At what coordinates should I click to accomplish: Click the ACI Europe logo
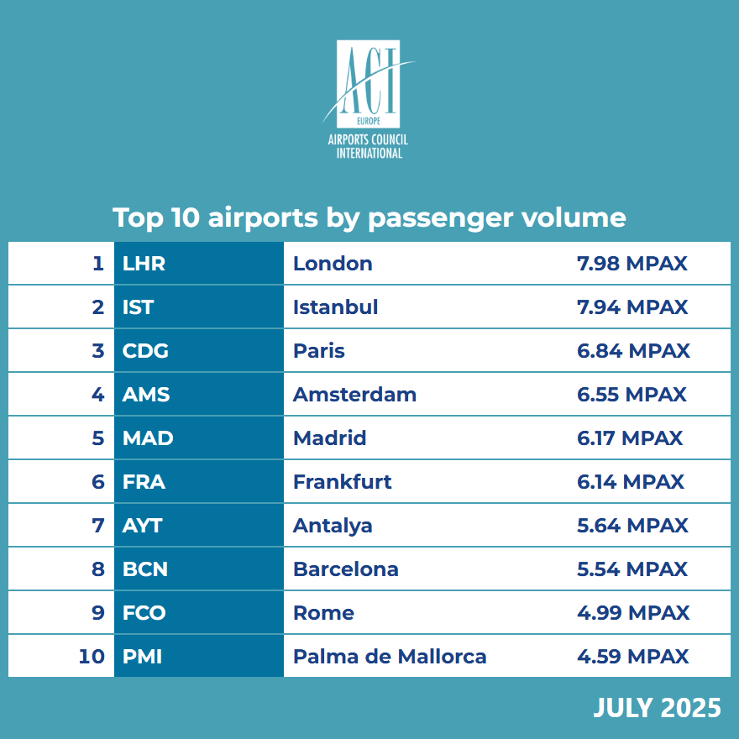click(x=369, y=99)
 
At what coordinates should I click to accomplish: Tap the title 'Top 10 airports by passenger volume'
click(x=369, y=218)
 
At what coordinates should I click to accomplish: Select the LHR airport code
click(x=144, y=264)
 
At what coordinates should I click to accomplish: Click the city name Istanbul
click(x=335, y=307)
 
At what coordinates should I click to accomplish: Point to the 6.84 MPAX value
click(x=633, y=351)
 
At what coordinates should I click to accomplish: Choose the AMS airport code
click(x=146, y=395)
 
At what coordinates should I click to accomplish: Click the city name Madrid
click(x=329, y=438)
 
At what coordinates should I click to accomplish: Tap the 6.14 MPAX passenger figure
click(x=631, y=482)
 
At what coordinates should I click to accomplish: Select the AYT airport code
click(x=142, y=526)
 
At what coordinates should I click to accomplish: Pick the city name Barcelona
click(x=345, y=569)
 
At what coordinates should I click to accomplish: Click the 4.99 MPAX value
click(x=633, y=613)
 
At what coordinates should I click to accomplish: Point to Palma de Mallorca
click(x=390, y=657)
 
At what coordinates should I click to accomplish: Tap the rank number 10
click(x=91, y=657)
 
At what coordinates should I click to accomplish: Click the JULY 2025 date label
click(x=657, y=707)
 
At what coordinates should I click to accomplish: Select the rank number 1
click(x=98, y=264)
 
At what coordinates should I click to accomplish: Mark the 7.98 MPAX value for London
click(x=632, y=264)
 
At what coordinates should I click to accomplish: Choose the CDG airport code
click(x=145, y=351)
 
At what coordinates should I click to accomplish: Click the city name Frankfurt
click(x=342, y=482)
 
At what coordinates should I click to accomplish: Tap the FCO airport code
click(x=144, y=613)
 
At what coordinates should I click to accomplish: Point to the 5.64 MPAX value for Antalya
click(x=632, y=526)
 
